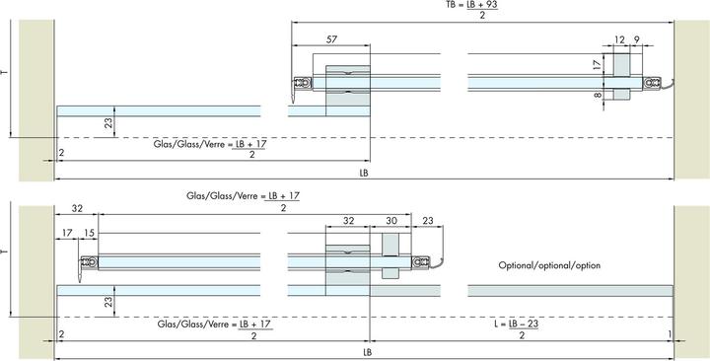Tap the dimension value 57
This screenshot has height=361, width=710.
tap(331, 39)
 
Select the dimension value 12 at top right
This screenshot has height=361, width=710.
tap(619, 39)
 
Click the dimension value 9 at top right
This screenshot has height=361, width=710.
tap(637, 39)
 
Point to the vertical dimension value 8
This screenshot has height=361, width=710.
tap(598, 95)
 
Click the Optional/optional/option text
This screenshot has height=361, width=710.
tap(549, 265)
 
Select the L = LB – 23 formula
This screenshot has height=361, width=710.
tap(517, 329)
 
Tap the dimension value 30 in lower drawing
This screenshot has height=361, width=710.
tap(391, 221)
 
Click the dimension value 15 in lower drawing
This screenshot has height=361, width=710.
tap(89, 233)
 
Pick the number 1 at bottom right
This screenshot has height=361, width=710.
tap(670, 334)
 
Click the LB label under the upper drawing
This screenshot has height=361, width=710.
tap(364, 173)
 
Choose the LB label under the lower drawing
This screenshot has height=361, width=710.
tap(367, 352)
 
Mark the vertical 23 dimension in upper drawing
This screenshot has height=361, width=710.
tap(108, 122)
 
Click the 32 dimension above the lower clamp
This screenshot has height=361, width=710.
tap(348, 221)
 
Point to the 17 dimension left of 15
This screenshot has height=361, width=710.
tap(67, 233)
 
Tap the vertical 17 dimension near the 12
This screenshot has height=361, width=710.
tap(598, 64)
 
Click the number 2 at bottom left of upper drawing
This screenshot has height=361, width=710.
tap(61, 153)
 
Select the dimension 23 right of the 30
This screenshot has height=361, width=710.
tap(427, 221)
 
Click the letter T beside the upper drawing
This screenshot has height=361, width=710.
tap(5, 72)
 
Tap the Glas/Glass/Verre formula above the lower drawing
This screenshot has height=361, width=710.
tap(244, 202)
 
